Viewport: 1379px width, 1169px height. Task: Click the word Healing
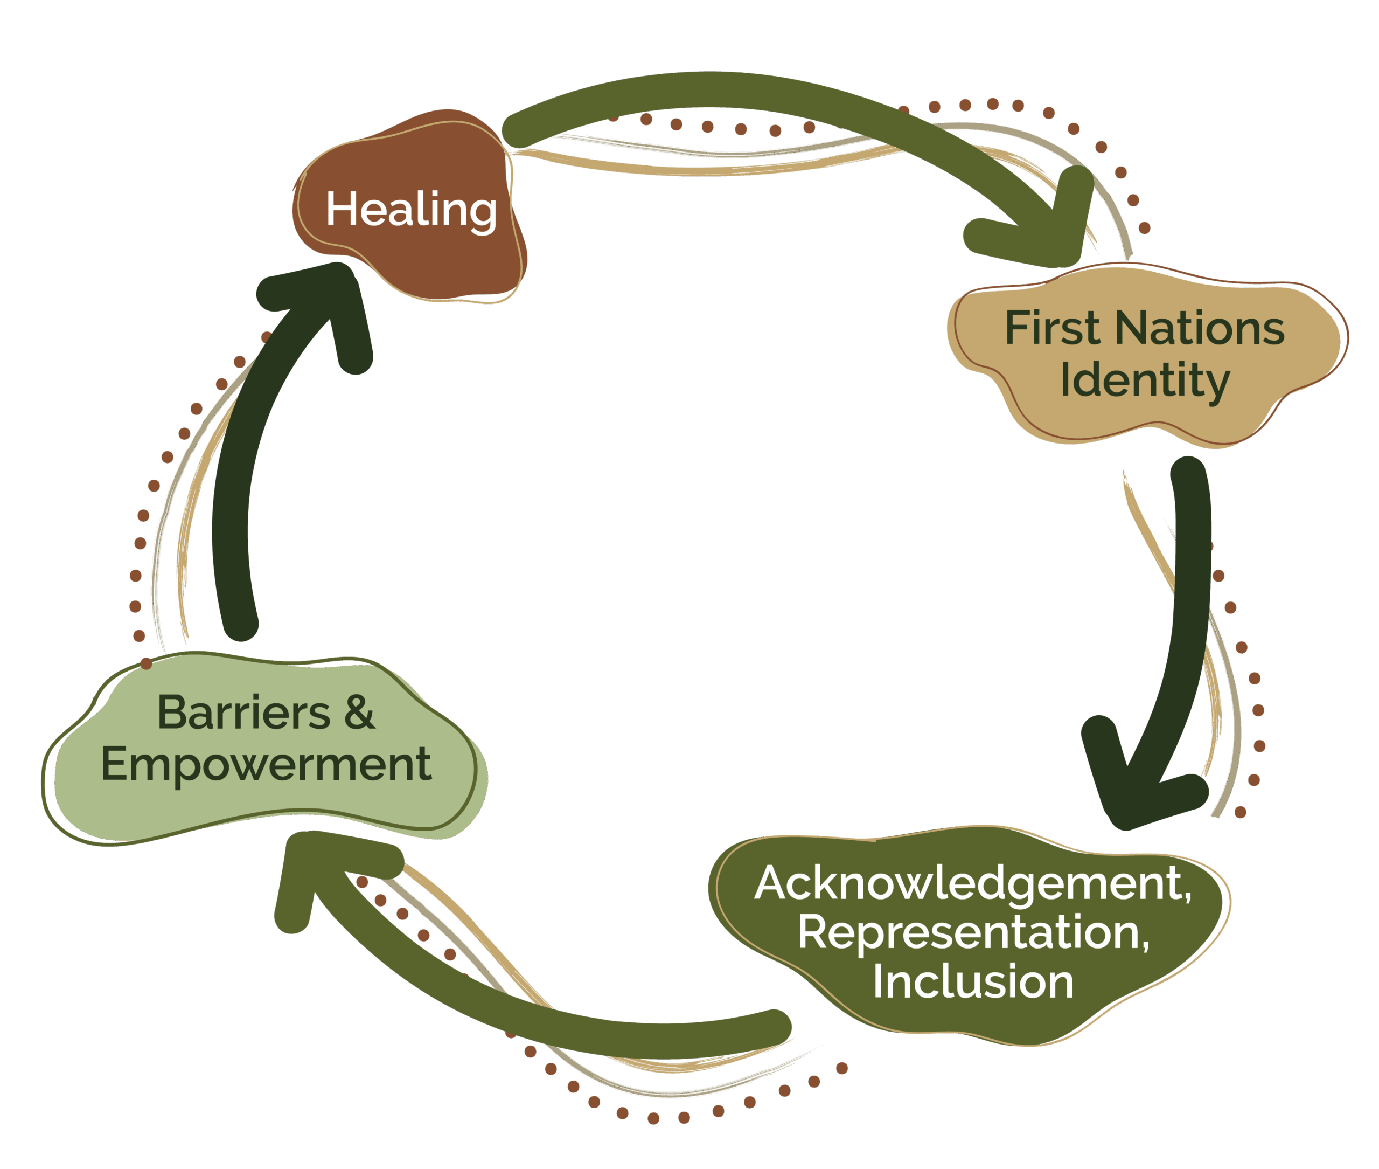click(x=410, y=210)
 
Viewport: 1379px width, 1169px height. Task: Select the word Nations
click(x=1200, y=328)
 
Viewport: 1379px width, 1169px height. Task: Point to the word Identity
click(x=1145, y=380)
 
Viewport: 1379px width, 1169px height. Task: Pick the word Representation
click(x=973, y=932)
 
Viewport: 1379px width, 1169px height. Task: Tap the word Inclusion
click(x=973, y=981)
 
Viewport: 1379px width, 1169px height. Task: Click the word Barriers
click(x=243, y=713)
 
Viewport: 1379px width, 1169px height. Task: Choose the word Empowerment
click(x=266, y=764)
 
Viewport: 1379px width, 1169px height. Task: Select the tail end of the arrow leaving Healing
click(x=520, y=129)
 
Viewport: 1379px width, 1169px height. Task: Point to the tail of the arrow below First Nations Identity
click(x=1189, y=474)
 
